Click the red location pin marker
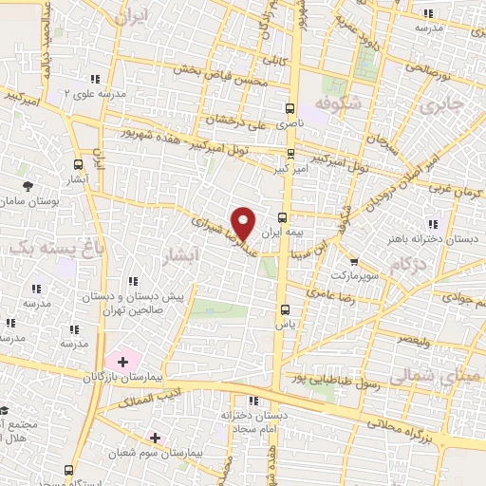(x=244, y=222)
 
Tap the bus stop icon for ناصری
(x=290, y=108)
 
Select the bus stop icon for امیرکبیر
(x=290, y=153)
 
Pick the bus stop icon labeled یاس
(x=285, y=309)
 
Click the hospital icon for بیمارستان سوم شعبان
(x=155, y=438)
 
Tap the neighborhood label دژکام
(x=407, y=262)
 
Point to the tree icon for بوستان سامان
(x=28, y=186)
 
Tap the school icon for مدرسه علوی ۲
(x=93, y=80)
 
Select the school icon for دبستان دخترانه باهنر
(x=433, y=224)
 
